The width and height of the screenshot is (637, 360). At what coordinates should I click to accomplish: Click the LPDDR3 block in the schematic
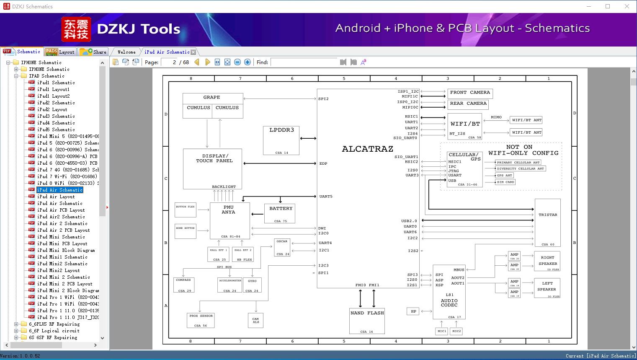point(281,140)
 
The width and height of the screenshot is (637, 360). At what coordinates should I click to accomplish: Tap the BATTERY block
point(280,213)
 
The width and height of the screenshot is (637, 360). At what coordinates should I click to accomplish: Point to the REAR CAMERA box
point(468,104)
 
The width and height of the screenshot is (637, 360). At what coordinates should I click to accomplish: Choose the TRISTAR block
point(547,222)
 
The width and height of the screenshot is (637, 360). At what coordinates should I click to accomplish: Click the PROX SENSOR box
point(201,320)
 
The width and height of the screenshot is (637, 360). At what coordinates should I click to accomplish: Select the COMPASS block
point(184,285)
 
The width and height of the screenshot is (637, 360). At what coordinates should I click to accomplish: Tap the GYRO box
point(252,285)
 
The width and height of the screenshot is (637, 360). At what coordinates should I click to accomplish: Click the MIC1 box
point(442,331)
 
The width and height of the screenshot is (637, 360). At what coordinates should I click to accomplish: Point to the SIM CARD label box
point(505,182)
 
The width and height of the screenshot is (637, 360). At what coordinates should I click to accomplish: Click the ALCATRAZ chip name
point(367,149)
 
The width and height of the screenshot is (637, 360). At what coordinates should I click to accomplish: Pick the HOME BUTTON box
point(185,231)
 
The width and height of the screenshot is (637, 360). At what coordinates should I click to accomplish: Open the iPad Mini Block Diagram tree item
point(66,250)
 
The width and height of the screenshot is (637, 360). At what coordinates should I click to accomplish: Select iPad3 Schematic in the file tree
point(56,116)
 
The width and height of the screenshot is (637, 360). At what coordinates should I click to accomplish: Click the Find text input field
point(304,62)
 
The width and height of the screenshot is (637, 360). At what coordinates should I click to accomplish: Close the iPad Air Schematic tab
point(193,52)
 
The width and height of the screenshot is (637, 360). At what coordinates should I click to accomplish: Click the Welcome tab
point(126,52)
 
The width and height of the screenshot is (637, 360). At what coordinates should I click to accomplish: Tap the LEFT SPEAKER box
point(547,288)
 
